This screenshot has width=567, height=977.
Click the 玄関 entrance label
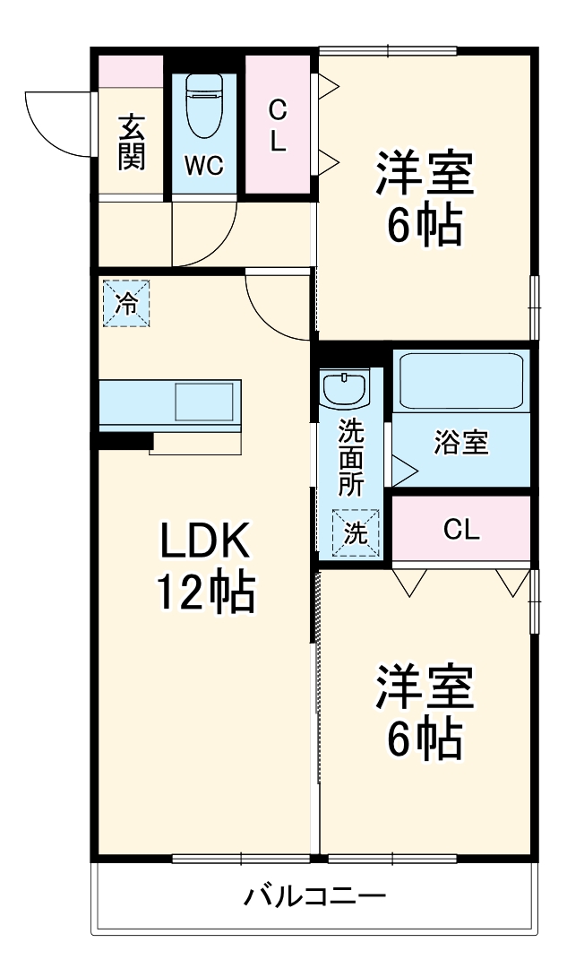(131, 142)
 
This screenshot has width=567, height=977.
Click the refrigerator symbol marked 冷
(126, 303)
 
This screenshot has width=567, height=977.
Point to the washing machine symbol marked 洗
(356, 532)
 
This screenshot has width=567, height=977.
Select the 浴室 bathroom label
(460, 443)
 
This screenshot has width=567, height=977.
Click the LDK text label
(209, 541)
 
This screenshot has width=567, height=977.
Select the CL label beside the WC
(279, 127)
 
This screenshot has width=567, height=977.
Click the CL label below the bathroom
(461, 530)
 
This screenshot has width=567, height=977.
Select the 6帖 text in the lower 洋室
(425, 738)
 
